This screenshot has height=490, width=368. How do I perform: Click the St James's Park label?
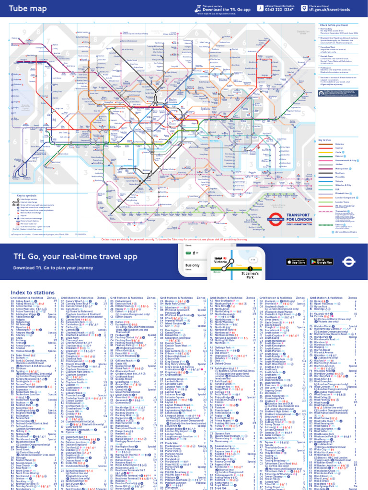[253, 275]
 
